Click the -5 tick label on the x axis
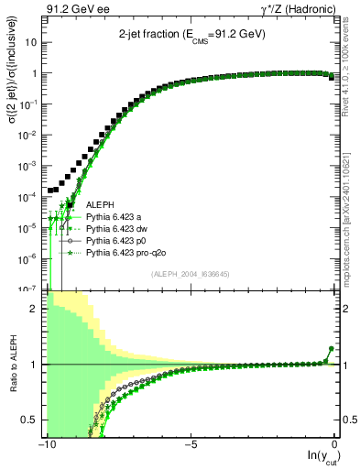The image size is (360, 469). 190,444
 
